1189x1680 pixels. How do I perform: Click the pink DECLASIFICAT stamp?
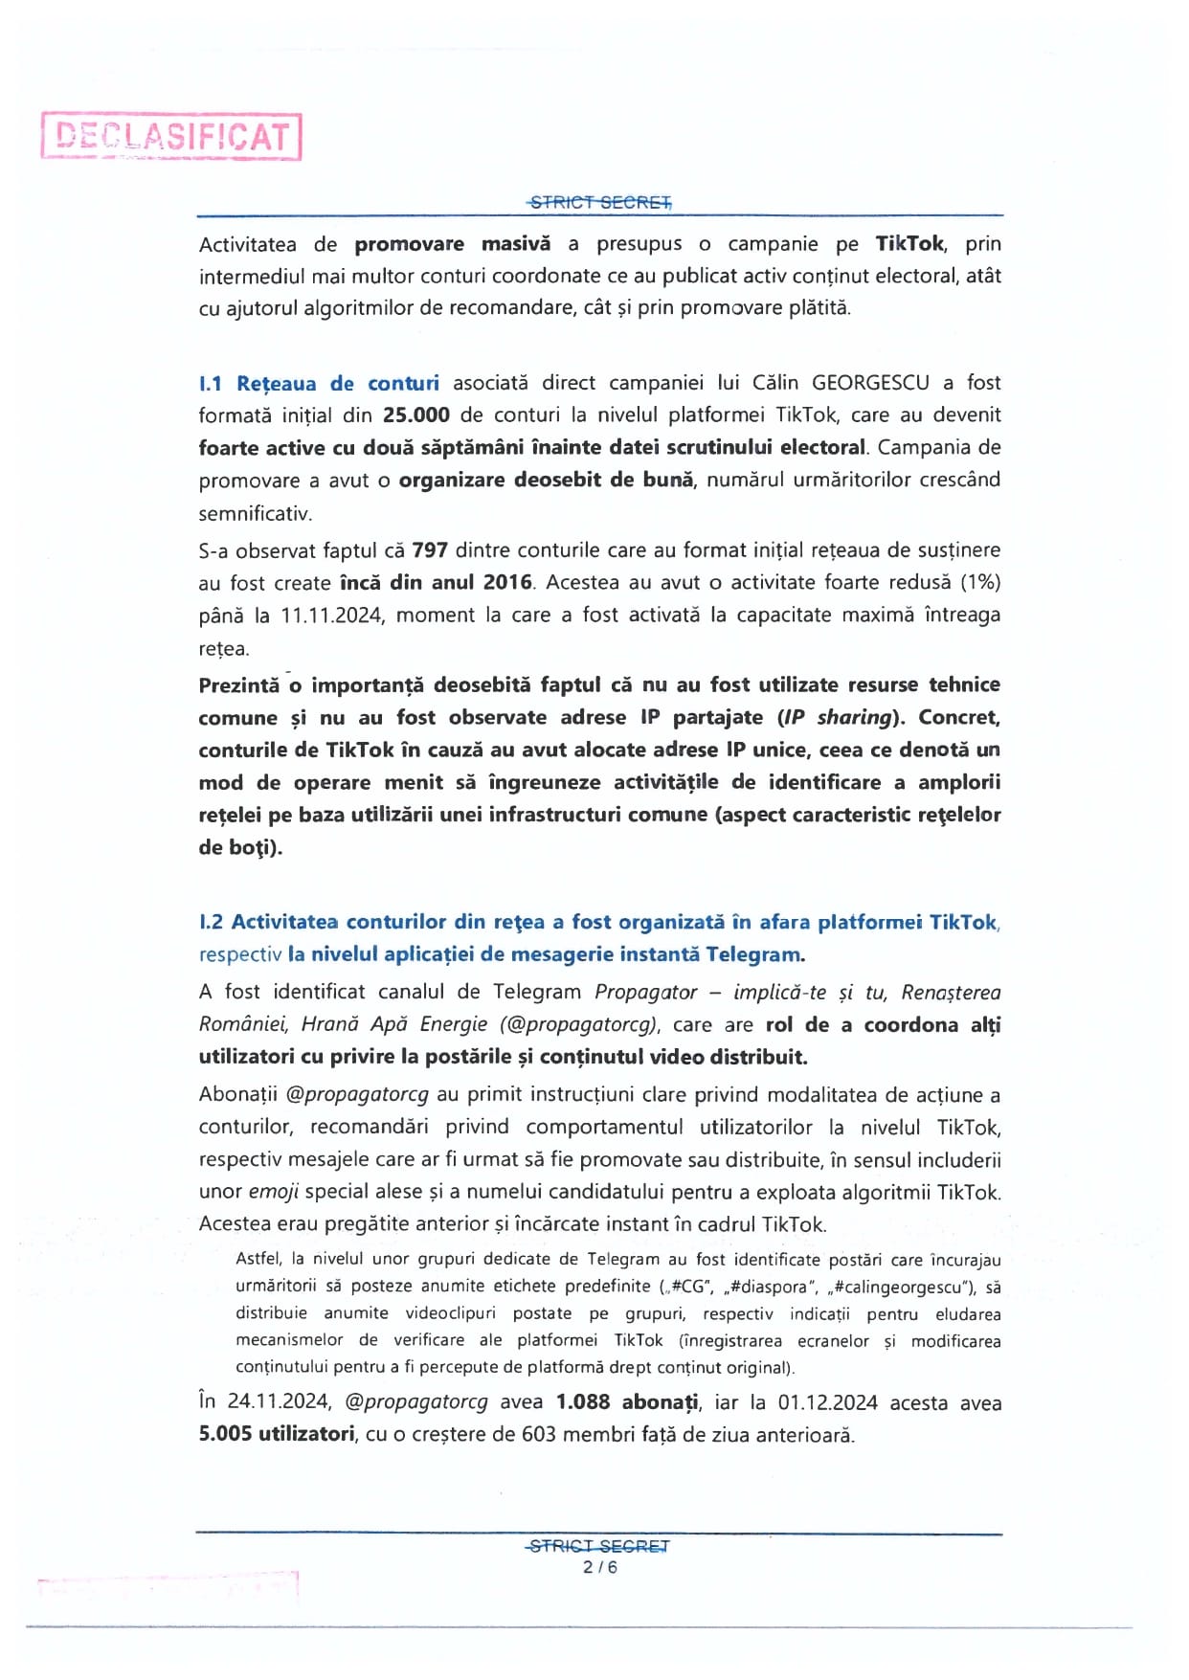(x=171, y=136)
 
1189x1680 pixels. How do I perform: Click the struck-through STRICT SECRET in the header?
(x=600, y=202)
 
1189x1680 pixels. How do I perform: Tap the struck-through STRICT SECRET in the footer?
(x=599, y=1546)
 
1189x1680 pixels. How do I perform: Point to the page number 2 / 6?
(x=600, y=1567)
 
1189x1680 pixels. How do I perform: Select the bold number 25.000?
(x=416, y=415)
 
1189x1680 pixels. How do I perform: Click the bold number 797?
(x=431, y=550)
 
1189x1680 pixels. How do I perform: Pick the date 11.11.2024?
(x=332, y=616)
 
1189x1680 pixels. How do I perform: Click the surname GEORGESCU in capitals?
(x=870, y=383)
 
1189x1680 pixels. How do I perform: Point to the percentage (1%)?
(x=980, y=583)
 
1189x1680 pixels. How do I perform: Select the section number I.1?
(x=211, y=384)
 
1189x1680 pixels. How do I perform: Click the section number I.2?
(x=211, y=923)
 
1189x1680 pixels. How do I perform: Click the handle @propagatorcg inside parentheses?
(x=579, y=1025)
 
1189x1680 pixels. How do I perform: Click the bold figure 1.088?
(x=583, y=1402)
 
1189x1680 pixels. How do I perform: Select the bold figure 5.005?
(x=229, y=1435)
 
